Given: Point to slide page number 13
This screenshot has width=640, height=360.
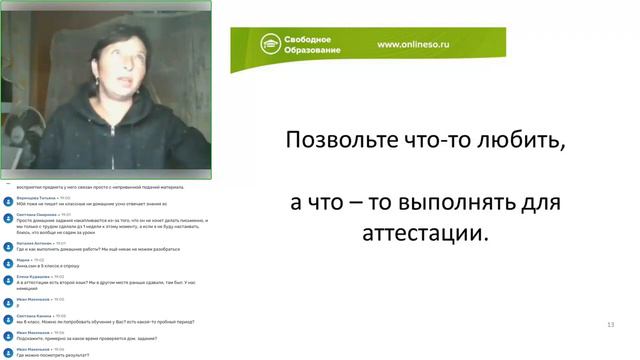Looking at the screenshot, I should pyautogui.click(x=610, y=325).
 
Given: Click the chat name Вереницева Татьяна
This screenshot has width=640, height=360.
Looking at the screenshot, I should pyautogui.click(x=36, y=198).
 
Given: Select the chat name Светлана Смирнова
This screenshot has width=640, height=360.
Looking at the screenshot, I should pyautogui.click(x=36, y=214).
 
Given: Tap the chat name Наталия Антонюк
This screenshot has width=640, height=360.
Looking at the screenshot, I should pyautogui.click(x=34, y=243).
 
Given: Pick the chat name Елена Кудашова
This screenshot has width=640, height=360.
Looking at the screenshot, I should pyautogui.click(x=34, y=277).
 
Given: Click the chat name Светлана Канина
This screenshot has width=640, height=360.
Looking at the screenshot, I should pyautogui.click(x=34, y=315).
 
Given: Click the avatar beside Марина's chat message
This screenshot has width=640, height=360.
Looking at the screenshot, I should pyautogui.click(x=8, y=262).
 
